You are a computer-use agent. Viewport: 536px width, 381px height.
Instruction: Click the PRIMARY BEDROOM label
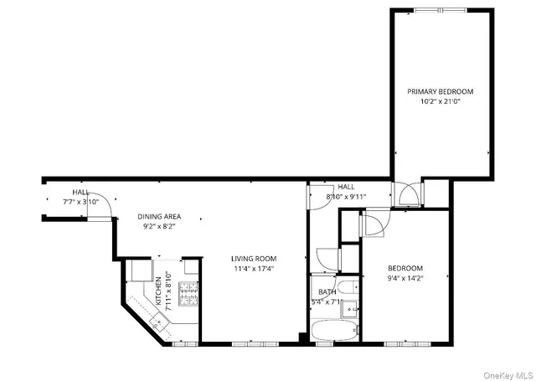441,91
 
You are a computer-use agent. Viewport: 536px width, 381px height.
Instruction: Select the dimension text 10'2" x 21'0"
441,101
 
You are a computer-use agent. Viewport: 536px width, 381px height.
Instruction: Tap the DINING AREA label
159,217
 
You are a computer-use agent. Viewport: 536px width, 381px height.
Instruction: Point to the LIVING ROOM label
254,259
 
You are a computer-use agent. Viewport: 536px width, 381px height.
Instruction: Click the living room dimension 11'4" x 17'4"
254,269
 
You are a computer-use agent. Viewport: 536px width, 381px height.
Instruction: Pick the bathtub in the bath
334,331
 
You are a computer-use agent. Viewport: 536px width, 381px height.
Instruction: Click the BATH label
326,292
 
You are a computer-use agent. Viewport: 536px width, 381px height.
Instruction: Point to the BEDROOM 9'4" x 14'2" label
405,273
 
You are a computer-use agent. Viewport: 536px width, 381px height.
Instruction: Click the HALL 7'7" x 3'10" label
81,197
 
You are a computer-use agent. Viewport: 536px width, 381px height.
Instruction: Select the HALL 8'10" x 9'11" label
340,192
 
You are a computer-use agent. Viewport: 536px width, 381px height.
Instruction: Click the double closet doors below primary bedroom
407,195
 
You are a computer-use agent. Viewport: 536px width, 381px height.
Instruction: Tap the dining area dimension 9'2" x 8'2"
159,227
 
